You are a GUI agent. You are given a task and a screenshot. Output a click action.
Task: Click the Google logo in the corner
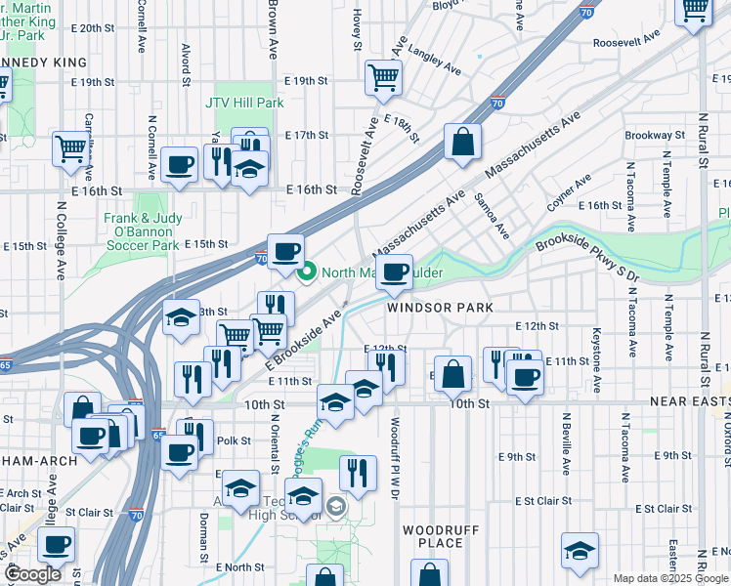[x=33, y=574]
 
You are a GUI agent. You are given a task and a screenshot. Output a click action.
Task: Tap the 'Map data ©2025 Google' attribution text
[x=670, y=578]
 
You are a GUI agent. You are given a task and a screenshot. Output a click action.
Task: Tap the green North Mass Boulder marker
[x=308, y=272]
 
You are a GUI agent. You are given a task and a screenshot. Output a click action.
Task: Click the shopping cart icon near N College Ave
[x=71, y=149]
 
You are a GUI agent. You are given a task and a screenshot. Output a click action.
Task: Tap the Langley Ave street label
[x=434, y=63]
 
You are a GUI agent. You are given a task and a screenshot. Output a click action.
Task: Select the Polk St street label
[x=227, y=440]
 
